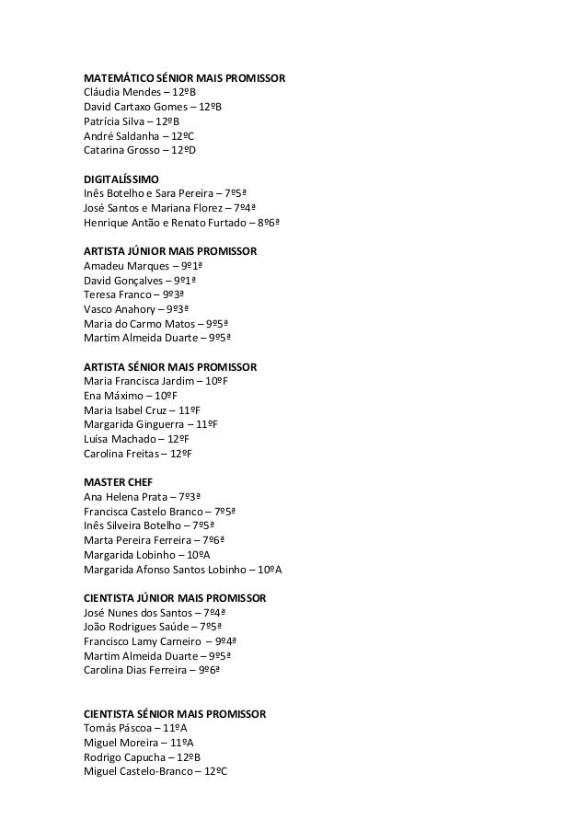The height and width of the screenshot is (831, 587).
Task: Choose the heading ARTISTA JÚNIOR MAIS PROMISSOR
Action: click(170, 250)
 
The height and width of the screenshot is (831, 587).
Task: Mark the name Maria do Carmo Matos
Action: click(138, 323)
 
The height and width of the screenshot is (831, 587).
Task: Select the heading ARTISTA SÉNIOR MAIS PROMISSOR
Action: click(170, 366)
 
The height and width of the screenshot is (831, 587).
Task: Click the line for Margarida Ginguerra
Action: click(150, 424)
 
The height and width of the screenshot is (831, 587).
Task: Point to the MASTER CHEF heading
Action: click(118, 481)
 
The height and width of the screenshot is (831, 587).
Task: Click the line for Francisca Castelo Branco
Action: click(159, 511)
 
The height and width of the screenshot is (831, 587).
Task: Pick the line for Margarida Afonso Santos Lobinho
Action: click(182, 569)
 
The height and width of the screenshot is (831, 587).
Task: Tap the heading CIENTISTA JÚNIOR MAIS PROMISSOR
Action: click(175, 597)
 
